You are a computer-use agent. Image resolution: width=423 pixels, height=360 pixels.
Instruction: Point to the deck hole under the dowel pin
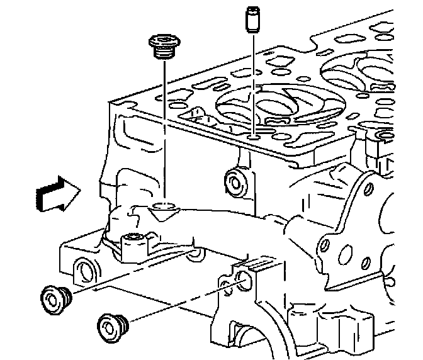pyautogui.click(x=253, y=137)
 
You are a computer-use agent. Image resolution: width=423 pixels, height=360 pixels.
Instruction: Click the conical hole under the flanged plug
pyautogui.click(x=163, y=207)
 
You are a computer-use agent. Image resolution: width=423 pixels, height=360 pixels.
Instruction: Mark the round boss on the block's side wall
pyautogui.click(x=235, y=181)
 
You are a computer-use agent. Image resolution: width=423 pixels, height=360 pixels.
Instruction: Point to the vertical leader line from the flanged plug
pyautogui.click(x=163, y=126)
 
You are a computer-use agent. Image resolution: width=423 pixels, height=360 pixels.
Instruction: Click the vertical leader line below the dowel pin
pyautogui.click(x=252, y=82)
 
